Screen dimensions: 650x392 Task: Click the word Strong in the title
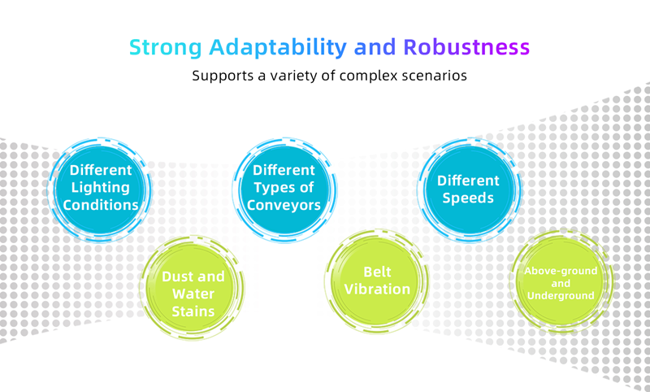click(x=166, y=47)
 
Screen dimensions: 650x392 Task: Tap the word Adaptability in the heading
click(x=278, y=47)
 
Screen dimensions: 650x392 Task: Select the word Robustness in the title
click(x=466, y=47)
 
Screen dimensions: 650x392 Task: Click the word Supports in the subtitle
click(x=223, y=76)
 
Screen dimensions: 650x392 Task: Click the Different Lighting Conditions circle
click(x=99, y=189)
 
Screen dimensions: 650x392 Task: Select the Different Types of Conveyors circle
click(x=284, y=189)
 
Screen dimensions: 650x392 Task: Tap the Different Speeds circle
click(x=469, y=189)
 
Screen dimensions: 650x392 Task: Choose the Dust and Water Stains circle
click(x=193, y=287)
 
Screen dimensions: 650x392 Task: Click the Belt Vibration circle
click(x=377, y=281)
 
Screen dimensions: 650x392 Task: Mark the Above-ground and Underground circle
click(x=561, y=281)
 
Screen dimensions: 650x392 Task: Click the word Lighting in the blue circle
click(x=100, y=188)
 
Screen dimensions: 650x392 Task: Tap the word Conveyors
click(x=284, y=205)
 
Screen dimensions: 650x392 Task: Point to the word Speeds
click(x=468, y=198)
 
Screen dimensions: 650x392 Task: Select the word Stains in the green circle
click(x=193, y=311)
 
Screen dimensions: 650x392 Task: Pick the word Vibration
click(x=377, y=290)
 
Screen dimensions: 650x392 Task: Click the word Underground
click(x=561, y=296)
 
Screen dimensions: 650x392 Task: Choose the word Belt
click(x=377, y=272)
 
